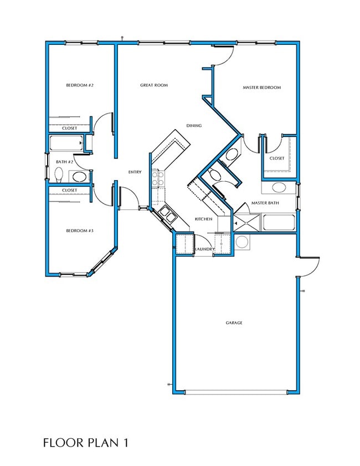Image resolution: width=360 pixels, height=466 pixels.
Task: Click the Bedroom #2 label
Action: pyautogui.click(x=80, y=85)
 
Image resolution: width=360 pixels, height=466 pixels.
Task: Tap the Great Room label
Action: pyautogui.click(x=153, y=85)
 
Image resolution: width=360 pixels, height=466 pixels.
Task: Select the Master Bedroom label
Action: pyautogui.click(x=261, y=88)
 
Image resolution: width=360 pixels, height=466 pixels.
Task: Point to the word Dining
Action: pyautogui.click(x=194, y=126)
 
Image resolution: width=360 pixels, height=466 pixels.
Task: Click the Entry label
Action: pyautogui.click(x=135, y=172)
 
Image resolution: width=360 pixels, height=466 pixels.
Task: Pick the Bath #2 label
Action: pyautogui.click(x=65, y=162)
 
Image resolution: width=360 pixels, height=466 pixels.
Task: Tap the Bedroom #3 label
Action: pyautogui.click(x=80, y=231)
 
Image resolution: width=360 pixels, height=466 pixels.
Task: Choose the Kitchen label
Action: pyautogui.click(x=203, y=219)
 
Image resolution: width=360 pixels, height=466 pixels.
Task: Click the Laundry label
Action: pyautogui.click(x=205, y=249)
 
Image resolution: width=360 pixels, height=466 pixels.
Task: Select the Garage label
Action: pyautogui.click(x=234, y=322)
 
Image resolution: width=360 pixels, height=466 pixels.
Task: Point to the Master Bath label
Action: pyautogui.click(x=265, y=203)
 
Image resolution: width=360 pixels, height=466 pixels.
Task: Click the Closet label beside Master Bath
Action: pyautogui.click(x=277, y=158)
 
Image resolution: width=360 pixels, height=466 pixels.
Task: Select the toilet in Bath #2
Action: pyautogui.click(x=59, y=175)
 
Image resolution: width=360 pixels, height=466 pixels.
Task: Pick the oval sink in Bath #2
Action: pyautogui.click(x=79, y=177)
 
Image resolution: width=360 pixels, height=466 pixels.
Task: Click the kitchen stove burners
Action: pyautogui.click(x=158, y=178)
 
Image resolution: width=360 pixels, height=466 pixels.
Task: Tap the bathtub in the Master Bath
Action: pyautogui.click(x=279, y=223)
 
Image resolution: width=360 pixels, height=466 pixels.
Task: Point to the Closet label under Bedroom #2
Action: pyautogui.click(x=70, y=129)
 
